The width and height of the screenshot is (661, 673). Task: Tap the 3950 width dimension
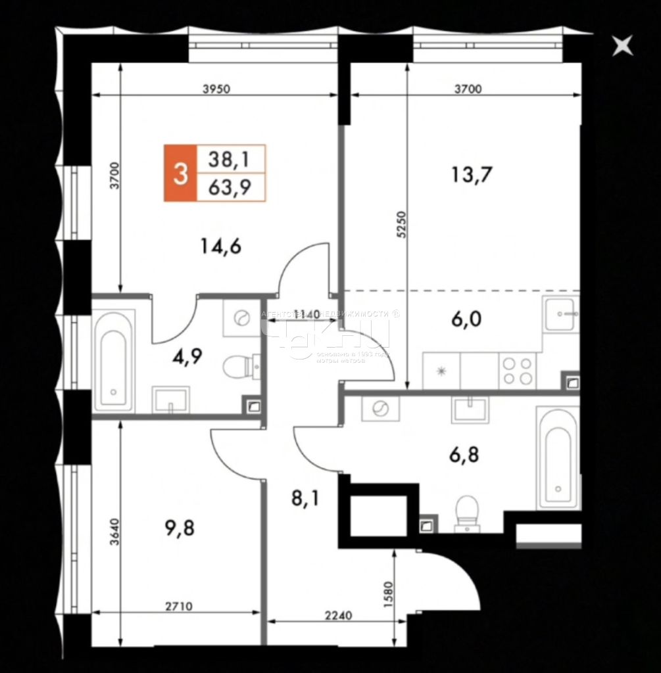coord(216,89)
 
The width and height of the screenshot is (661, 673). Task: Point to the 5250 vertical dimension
coord(401,228)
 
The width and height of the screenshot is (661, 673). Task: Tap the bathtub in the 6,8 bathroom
coord(558,457)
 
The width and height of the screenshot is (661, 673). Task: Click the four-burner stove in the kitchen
coord(518,371)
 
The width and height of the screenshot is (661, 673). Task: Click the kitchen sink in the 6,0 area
coord(561,315)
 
